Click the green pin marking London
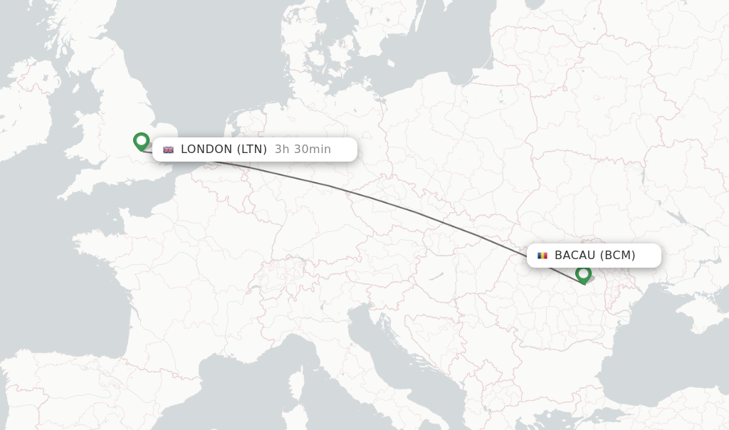coord(141,141)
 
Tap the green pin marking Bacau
coord(583,273)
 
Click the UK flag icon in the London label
coord(169,150)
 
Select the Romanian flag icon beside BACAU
coord(542,256)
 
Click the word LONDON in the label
coord(206,150)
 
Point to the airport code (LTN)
coord(252,150)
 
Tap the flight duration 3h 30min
coord(303,150)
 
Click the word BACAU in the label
coord(575,256)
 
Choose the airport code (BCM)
coord(617,256)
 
